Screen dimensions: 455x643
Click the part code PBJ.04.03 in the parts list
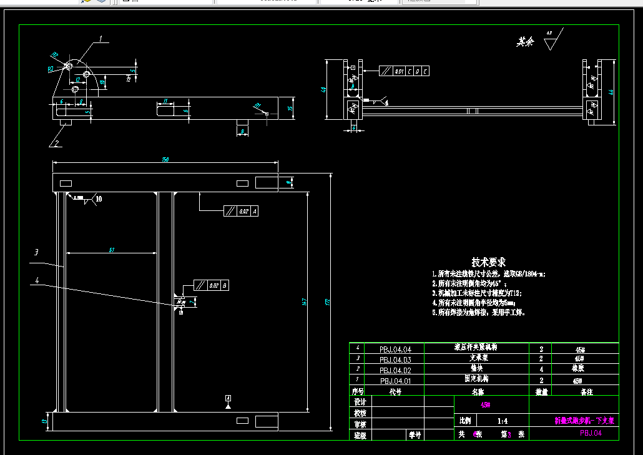coord(395,360)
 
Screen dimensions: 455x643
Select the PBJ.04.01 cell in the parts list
coord(395,380)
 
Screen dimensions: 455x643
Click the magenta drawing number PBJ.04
coord(590,433)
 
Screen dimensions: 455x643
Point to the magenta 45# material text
coord(485,404)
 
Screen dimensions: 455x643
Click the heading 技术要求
coord(488,262)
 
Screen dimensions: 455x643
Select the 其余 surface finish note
coord(525,42)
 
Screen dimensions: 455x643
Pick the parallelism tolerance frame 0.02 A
coord(240,211)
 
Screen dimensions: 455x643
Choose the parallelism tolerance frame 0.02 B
coord(211,285)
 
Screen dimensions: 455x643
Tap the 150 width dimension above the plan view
coord(165,160)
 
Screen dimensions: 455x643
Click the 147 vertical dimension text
coord(305,302)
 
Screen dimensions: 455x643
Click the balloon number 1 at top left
coord(101,39)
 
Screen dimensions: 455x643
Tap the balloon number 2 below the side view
coord(56,143)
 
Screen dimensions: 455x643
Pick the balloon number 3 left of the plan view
coord(37,252)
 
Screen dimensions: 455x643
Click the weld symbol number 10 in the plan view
coord(99,198)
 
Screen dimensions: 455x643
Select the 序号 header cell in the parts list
coord(357,391)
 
